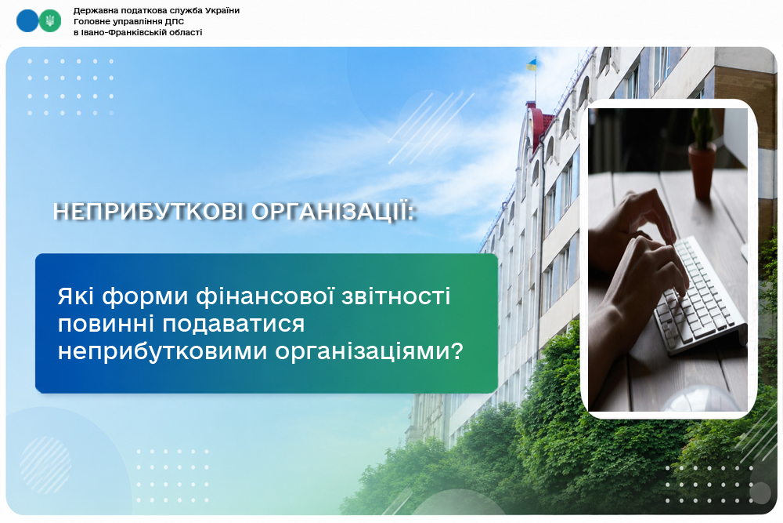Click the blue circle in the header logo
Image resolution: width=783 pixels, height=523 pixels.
[x=27, y=21]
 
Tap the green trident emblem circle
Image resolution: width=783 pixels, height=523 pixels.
[x=50, y=21]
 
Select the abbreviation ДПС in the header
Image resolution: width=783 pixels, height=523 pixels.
[x=175, y=21]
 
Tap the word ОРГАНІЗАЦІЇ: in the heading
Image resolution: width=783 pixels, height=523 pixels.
[x=334, y=212]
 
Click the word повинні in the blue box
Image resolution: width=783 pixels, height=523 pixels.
[x=106, y=324]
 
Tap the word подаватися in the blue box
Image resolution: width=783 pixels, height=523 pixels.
[x=233, y=325]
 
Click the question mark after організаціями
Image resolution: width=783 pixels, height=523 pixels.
[x=456, y=350]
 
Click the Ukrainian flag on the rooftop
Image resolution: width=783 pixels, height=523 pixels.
[x=532, y=64]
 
